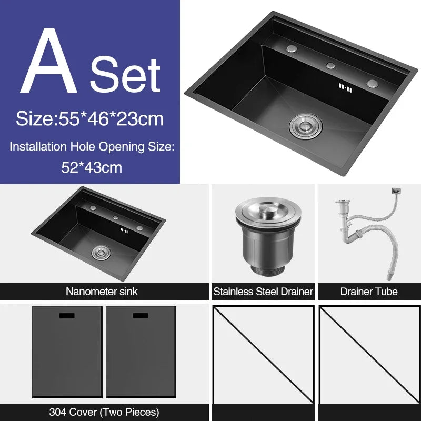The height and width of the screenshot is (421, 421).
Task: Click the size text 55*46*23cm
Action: pos(89,119)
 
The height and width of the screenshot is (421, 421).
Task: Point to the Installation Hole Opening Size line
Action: pos(91,146)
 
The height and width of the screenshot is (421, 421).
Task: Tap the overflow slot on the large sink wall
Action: pos(344,87)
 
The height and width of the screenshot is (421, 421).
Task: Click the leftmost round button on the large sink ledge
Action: pos(292,48)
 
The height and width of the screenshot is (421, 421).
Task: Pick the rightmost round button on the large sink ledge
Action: pos(372,83)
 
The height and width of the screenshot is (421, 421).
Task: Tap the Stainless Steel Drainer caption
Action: pos(263,291)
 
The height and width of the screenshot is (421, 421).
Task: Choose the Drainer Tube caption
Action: pos(369,291)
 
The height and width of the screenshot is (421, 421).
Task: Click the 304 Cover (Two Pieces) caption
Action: pos(104,412)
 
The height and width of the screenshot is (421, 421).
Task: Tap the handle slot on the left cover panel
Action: pos(66,316)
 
